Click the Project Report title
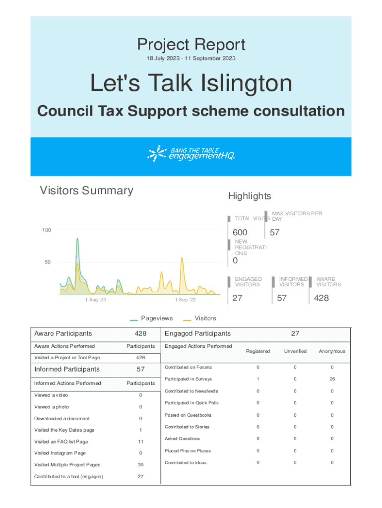(x=191, y=45)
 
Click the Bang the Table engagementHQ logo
(x=191, y=154)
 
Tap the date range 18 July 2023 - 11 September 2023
(x=191, y=59)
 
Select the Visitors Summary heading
(x=86, y=190)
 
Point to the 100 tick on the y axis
(x=46, y=230)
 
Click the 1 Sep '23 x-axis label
(x=185, y=300)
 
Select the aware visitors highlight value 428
(x=321, y=298)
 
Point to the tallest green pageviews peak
(x=77, y=239)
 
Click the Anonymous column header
(x=332, y=351)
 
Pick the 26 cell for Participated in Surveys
(x=332, y=379)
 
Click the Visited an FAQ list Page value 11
(x=140, y=442)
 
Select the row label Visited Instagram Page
(x=60, y=453)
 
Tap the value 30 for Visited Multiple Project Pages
(x=140, y=465)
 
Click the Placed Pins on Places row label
(x=188, y=451)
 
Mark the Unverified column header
(x=295, y=351)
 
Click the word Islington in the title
(x=246, y=83)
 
